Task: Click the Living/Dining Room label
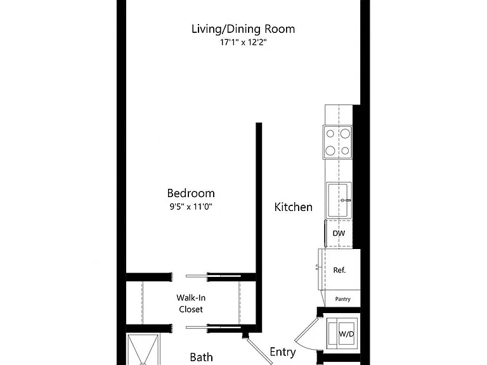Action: [243, 29]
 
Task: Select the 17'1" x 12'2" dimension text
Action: [243, 42]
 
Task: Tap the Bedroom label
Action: [191, 193]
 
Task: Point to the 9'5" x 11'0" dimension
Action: [191, 207]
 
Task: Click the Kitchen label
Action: [293, 207]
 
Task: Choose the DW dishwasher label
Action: [339, 233]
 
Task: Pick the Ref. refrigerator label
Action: [339, 270]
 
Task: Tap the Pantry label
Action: [343, 299]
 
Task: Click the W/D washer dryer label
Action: [346, 334]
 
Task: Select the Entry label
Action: [283, 352]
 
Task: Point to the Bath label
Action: [201, 357]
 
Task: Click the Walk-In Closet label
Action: [191, 304]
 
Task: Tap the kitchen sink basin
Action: [337, 200]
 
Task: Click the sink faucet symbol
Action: [346, 200]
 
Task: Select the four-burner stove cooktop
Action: [337, 142]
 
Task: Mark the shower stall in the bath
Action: [143, 350]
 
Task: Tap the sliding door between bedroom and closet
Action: [213, 276]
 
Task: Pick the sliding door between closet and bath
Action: [213, 327]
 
